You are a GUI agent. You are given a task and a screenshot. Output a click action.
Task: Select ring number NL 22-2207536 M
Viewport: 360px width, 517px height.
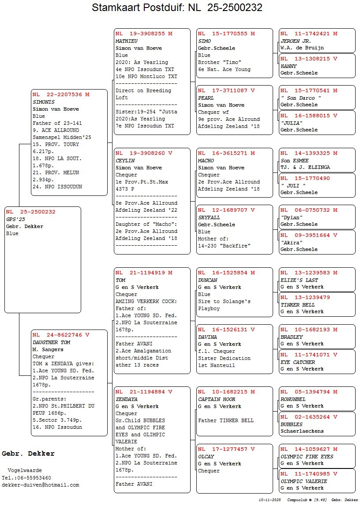coord(61,94)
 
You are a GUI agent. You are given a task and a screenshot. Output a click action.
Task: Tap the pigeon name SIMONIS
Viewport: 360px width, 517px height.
coord(44,102)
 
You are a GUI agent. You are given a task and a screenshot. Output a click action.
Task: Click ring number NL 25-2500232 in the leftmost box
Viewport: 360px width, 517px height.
coord(31,212)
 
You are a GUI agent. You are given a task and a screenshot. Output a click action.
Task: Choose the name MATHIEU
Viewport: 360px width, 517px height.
coord(127,41)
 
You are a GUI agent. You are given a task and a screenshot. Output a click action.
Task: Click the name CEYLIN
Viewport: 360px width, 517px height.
coord(125,161)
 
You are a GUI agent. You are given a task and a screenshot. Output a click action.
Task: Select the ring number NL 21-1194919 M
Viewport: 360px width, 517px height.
coord(144,273)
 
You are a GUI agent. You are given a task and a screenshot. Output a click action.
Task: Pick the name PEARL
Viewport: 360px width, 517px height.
coord(206,98)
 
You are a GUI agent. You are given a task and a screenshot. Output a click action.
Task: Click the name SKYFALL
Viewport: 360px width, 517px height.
coord(209,217)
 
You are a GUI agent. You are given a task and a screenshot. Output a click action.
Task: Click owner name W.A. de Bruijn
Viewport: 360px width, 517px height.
coord(302,48)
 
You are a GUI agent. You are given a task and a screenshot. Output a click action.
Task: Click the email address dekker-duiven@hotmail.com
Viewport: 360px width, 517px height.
coord(41,485)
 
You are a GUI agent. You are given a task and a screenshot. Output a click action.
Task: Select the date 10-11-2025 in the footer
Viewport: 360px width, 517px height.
coord(270,500)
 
